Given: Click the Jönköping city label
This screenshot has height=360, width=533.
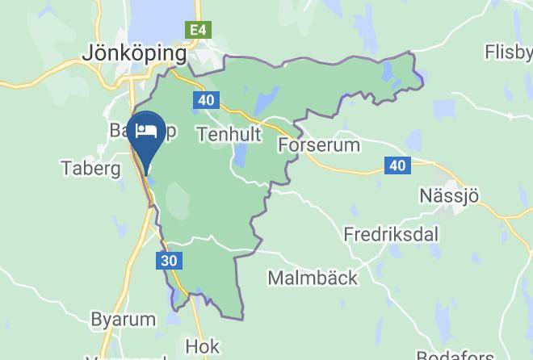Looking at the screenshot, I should coord(134,53).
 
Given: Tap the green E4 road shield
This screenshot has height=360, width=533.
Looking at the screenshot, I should coord(197,31).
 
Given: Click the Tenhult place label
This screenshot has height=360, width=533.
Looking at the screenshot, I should coord(229,134).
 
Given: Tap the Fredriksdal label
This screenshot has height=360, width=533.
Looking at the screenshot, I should coord(391,234).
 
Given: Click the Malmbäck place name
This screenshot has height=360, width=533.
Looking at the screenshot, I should coord(312,278).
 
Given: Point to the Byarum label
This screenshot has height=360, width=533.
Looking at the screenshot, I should coord(123,319).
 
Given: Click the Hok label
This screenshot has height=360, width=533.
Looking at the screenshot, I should coord(202,346).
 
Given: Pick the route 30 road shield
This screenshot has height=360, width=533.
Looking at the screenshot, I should coord(168,261).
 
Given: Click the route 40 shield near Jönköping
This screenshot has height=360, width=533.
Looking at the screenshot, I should coord(205,100).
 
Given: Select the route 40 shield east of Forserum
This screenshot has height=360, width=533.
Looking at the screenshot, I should coord(397,165).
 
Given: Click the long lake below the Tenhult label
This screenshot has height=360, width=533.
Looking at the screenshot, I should coord(240,157).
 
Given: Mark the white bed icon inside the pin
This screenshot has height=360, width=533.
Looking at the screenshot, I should coord(146,130).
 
